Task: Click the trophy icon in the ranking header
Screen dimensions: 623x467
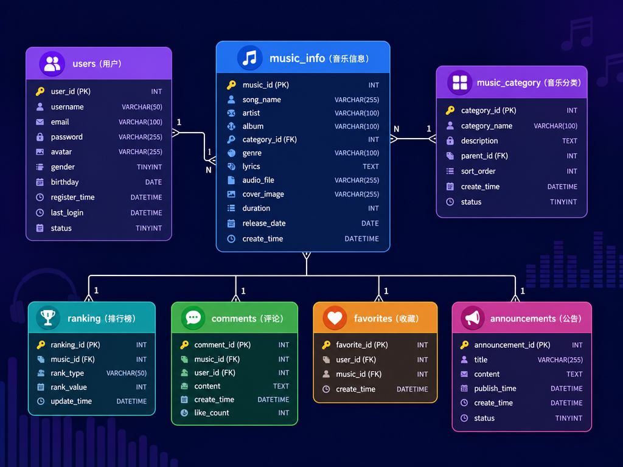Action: coord(48,317)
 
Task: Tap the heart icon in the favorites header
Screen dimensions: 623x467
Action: coord(335,318)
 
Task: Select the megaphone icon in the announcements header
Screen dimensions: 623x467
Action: coord(472,318)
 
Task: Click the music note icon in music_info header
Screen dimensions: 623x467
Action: coord(250,58)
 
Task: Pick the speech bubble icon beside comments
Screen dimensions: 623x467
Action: coord(193,317)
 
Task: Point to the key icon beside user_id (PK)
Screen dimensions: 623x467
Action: coord(40,91)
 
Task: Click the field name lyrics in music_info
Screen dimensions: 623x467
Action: coord(251,167)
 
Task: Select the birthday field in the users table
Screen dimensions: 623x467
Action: coord(64,182)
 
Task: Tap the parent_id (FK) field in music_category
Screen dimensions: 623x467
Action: coord(484,156)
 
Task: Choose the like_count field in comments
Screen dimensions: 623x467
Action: coord(211,413)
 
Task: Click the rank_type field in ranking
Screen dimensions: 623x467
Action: coord(67,373)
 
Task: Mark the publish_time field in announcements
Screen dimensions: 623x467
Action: coord(495,389)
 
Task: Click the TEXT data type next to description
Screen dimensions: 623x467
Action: coord(569,141)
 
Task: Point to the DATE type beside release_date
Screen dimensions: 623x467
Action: coord(370,223)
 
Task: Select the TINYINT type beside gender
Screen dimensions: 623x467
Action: coord(150,167)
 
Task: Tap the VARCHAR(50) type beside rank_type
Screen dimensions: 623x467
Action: coord(127,373)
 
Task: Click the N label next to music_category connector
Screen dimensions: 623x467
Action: coord(396,129)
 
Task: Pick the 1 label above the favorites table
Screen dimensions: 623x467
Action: coord(386,291)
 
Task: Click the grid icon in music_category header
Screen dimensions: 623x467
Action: coord(460,83)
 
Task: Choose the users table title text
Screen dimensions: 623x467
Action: coord(97,63)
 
